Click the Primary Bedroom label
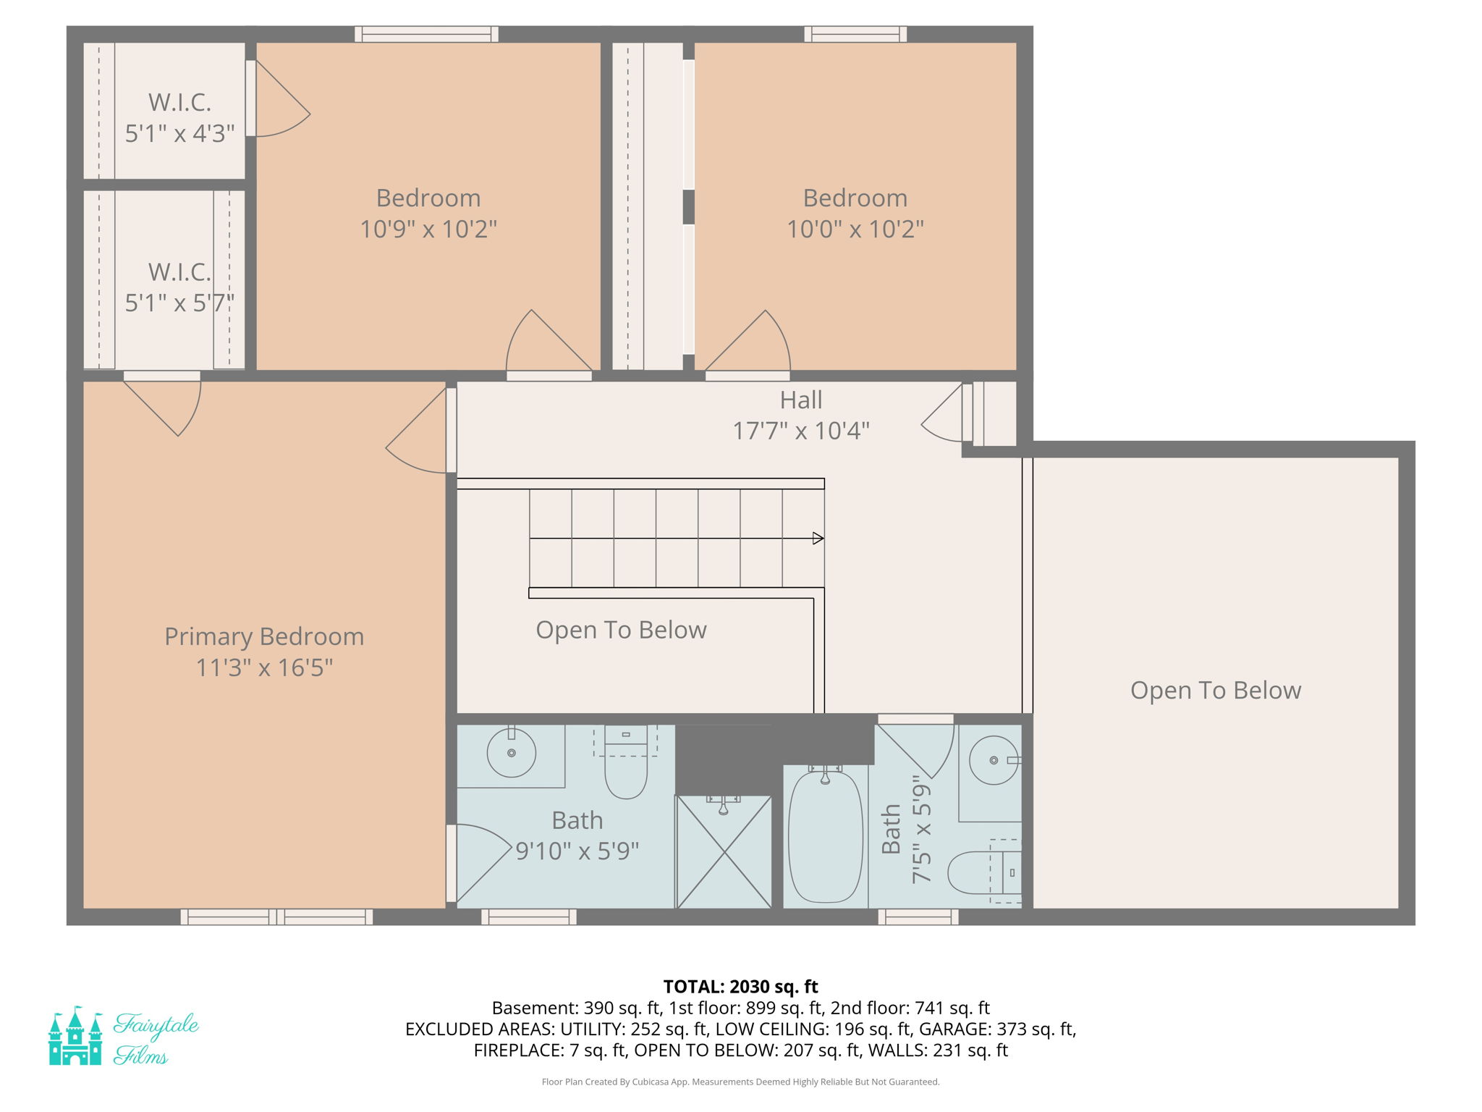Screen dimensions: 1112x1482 [x=264, y=636]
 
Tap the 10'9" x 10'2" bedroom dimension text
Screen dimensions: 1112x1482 [x=428, y=229]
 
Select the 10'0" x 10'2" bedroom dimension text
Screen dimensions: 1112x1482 [x=855, y=229]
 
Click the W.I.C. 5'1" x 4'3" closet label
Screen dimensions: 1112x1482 [x=179, y=117]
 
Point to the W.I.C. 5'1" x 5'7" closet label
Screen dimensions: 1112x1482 [x=179, y=287]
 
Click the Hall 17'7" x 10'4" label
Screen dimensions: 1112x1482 [x=800, y=416]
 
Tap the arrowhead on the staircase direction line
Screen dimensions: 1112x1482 [x=818, y=538]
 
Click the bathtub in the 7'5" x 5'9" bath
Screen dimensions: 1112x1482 [x=825, y=836]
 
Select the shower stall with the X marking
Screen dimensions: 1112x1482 [x=724, y=852]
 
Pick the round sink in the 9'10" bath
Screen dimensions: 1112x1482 [x=511, y=753]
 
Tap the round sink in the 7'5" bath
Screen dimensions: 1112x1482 [x=994, y=760]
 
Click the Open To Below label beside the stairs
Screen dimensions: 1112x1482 [x=621, y=630]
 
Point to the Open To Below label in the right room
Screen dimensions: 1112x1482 [x=1215, y=690]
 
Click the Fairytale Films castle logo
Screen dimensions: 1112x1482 [x=75, y=1036]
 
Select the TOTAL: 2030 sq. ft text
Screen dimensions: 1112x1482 [x=740, y=987]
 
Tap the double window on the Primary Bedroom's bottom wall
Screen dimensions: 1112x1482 [x=276, y=917]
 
